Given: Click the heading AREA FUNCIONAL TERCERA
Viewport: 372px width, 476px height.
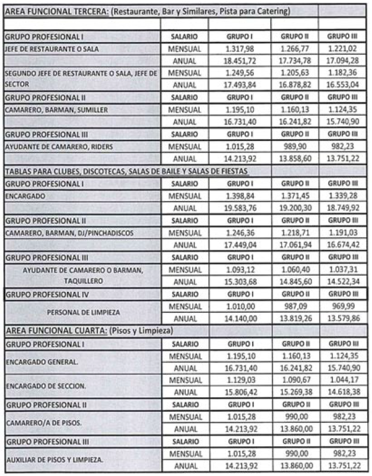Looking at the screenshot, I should click(49, 12).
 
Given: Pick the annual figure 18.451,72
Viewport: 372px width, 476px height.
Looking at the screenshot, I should click(240, 60).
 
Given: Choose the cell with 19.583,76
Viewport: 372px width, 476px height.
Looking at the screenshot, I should click(240, 207).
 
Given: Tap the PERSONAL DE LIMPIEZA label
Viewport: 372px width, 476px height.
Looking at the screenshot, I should click(83, 312).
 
